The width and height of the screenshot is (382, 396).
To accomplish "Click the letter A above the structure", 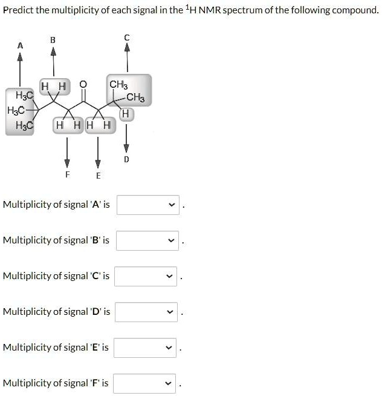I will point(20,45).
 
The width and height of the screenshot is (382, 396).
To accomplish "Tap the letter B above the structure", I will point(53,40).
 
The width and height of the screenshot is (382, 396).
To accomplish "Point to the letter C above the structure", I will point(126,38).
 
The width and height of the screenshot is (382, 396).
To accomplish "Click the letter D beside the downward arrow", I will point(126,159).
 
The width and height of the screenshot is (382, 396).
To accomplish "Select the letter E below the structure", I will point(98,175).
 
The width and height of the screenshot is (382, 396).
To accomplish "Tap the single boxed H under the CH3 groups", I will point(125,114).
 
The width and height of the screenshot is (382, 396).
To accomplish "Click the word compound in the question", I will point(355,10).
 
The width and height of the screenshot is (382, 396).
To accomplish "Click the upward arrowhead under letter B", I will point(53,51).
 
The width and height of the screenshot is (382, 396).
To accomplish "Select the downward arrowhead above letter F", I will point(67,163).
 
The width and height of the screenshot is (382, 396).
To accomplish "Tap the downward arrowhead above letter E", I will point(98,163).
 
